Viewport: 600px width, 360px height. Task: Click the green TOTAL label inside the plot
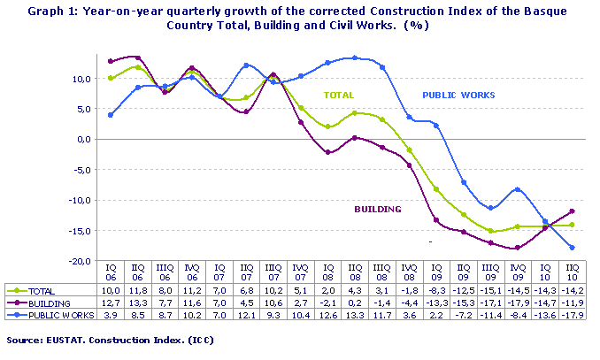(x=338, y=95)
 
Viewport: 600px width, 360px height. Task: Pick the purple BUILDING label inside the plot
(x=378, y=210)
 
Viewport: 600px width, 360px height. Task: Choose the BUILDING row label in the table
(x=48, y=302)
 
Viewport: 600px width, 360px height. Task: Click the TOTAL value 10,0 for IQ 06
(x=109, y=290)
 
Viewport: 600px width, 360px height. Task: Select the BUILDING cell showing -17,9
(x=517, y=302)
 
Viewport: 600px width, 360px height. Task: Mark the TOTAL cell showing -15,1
(x=489, y=290)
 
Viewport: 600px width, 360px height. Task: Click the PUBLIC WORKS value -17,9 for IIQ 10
(x=572, y=313)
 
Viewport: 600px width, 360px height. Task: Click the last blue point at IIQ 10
(x=573, y=248)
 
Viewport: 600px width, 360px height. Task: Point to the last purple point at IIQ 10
(x=573, y=211)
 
